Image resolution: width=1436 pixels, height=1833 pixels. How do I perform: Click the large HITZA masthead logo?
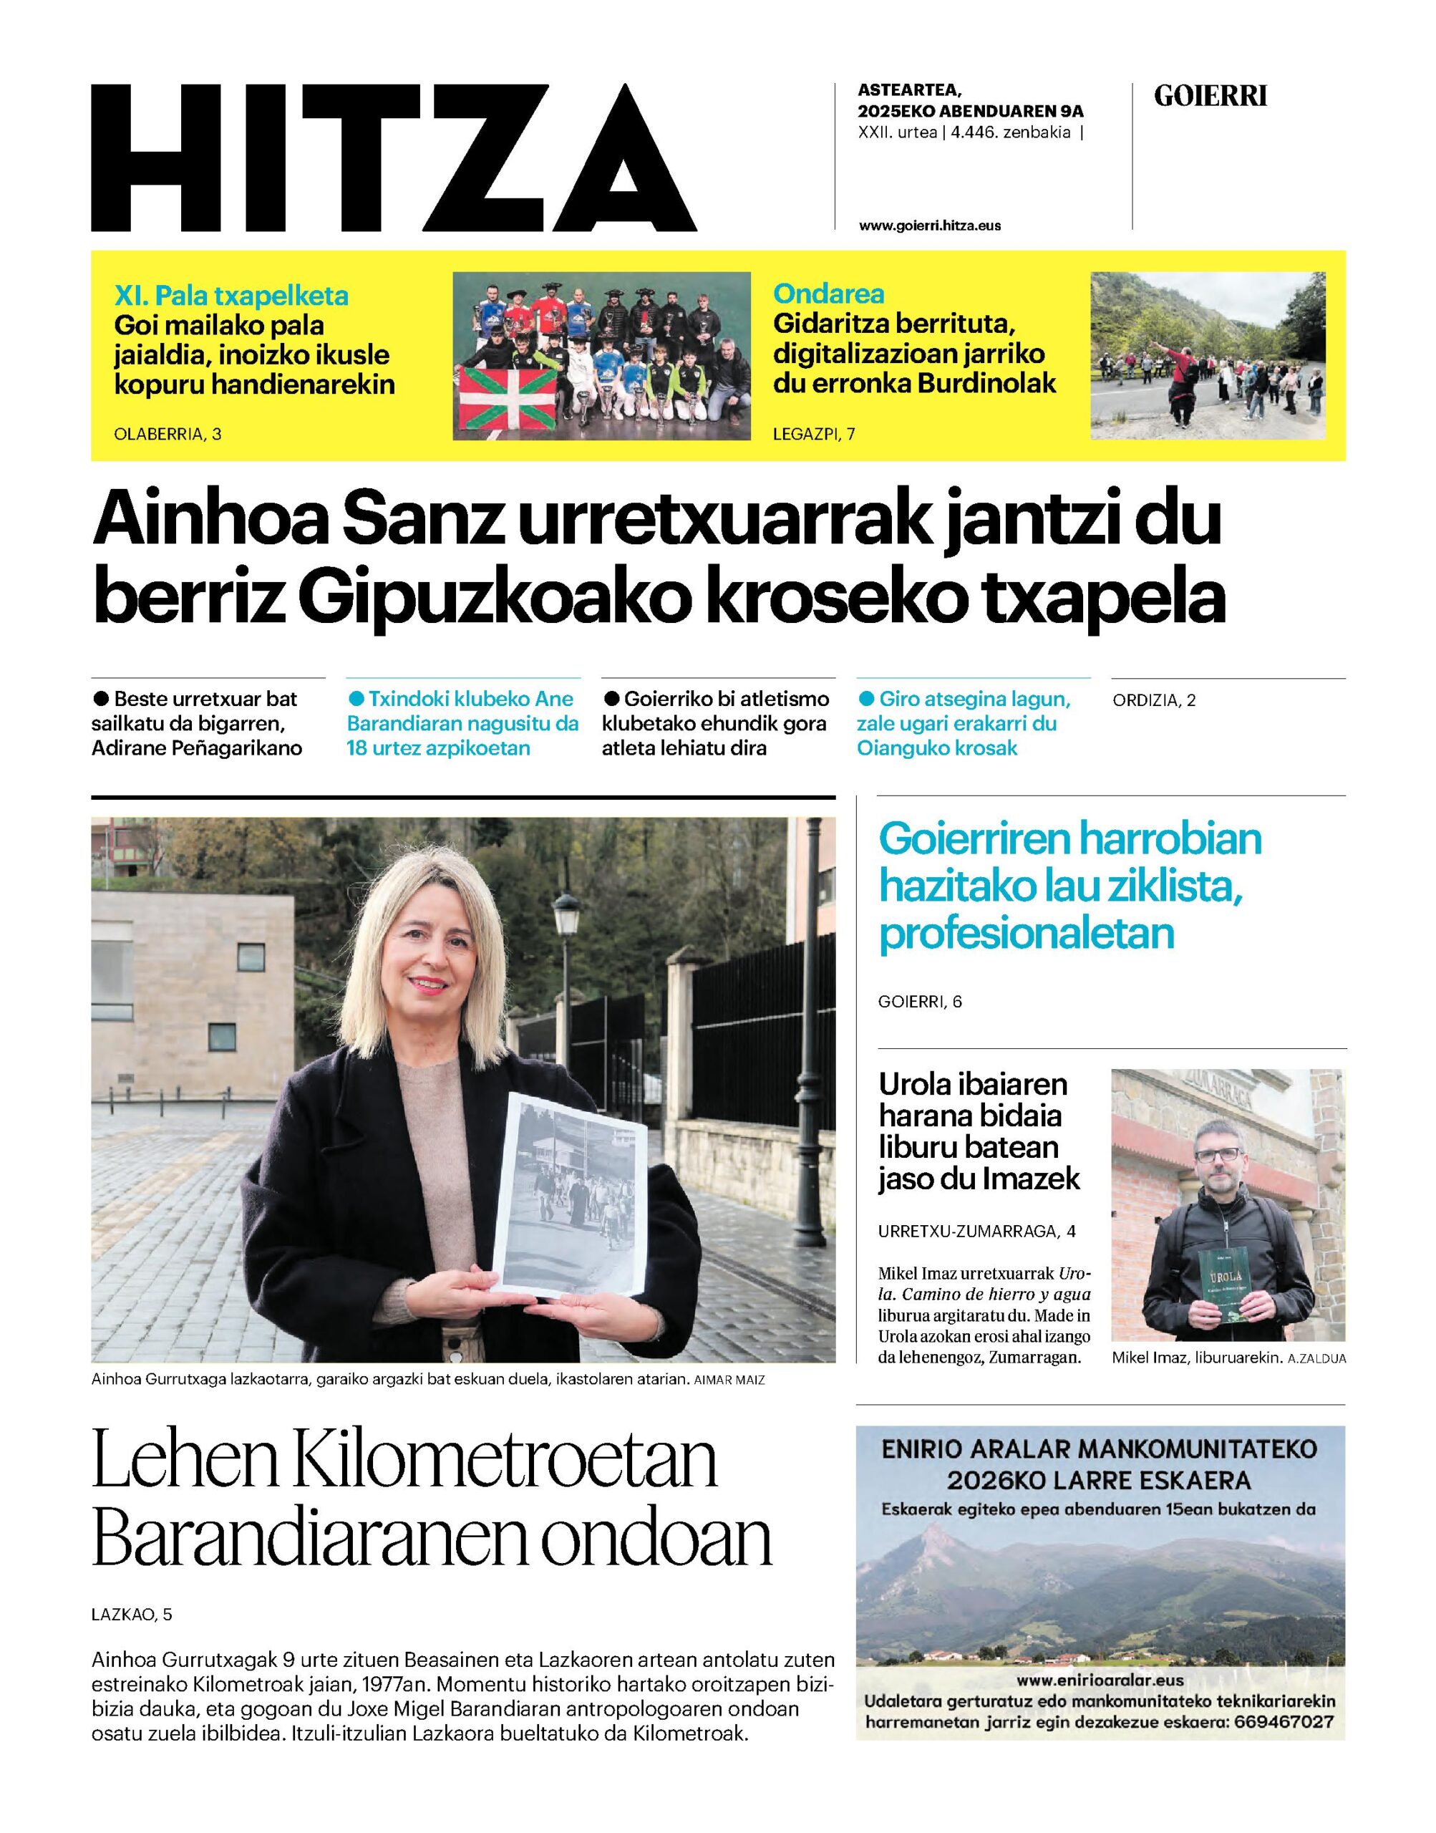coord(394,158)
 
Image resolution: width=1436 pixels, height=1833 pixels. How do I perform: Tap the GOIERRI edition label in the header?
coord(1210,97)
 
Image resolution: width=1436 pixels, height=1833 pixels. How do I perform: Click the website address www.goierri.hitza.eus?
coord(930,226)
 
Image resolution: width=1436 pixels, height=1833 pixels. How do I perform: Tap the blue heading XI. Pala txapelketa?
coord(231,296)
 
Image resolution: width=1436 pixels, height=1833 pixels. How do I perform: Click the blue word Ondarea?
coord(828,294)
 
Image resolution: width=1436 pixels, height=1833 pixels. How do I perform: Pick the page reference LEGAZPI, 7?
coord(814,434)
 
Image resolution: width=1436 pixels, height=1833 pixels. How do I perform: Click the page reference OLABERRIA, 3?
coord(168,434)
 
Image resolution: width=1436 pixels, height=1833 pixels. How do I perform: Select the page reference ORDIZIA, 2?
coord(1153,700)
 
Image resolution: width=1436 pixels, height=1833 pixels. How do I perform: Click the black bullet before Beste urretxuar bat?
coord(101,699)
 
